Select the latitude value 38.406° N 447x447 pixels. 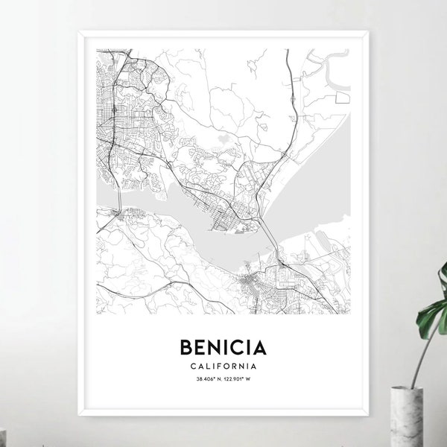point(199,382)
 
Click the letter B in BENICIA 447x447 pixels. point(186,349)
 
